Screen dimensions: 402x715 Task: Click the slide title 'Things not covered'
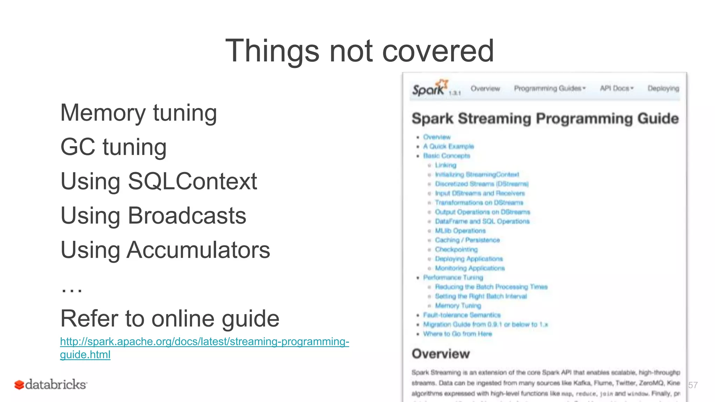click(x=360, y=51)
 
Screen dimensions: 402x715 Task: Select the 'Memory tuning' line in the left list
click(x=139, y=113)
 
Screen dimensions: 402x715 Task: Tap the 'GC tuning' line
click(x=113, y=147)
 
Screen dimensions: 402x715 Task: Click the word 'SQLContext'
click(x=192, y=181)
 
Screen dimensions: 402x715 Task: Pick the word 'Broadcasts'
click(x=187, y=216)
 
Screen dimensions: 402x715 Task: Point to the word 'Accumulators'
click(x=198, y=250)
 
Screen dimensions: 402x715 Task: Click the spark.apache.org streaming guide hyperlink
click(x=204, y=342)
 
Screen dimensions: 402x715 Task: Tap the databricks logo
click(x=51, y=385)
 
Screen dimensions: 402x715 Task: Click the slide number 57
click(x=693, y=385)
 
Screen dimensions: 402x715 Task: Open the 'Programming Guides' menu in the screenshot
click(x=550, y=89)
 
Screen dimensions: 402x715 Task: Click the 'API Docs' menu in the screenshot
click(x=617, y=89)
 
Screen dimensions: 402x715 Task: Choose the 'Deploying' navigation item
click(x=663, y=89)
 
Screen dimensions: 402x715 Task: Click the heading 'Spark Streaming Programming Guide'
click(x=545, y=119)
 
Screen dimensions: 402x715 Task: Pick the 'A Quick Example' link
click(x=448, y=147)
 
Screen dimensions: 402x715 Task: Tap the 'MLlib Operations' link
click(x=460, y=231)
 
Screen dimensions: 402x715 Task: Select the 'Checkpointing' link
click(x=456, y=250)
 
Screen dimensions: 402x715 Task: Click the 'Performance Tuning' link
click(x=453, y=278)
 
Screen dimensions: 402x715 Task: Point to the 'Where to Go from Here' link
click(x=457, y=334)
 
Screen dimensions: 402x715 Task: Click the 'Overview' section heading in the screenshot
click(x=441, y=354)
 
